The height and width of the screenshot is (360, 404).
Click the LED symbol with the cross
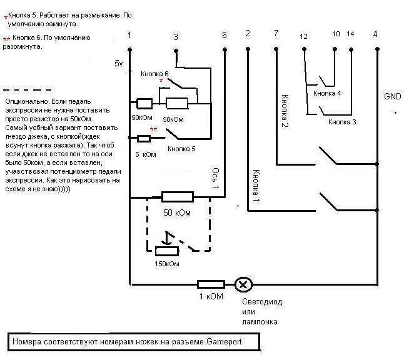tap(243, 284)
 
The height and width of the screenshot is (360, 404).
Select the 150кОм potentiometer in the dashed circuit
tap(168, 251)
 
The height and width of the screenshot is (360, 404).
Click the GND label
tap(392, 96)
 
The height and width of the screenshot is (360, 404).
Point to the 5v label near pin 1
tap(119, 64)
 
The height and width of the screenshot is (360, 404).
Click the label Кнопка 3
tap(342, 122)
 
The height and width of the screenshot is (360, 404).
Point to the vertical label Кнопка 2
tap(285, 111)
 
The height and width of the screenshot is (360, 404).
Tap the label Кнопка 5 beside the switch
tap(182, 149)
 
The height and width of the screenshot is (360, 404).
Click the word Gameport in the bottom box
tap(221, 342)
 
